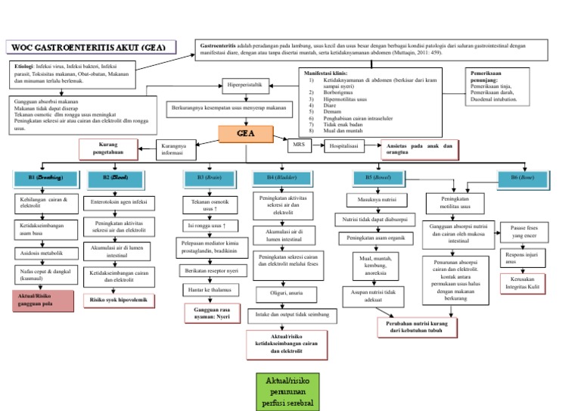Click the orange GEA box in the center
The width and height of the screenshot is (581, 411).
245,133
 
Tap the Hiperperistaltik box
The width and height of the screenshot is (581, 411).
244,86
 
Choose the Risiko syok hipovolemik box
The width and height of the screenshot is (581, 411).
120,300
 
